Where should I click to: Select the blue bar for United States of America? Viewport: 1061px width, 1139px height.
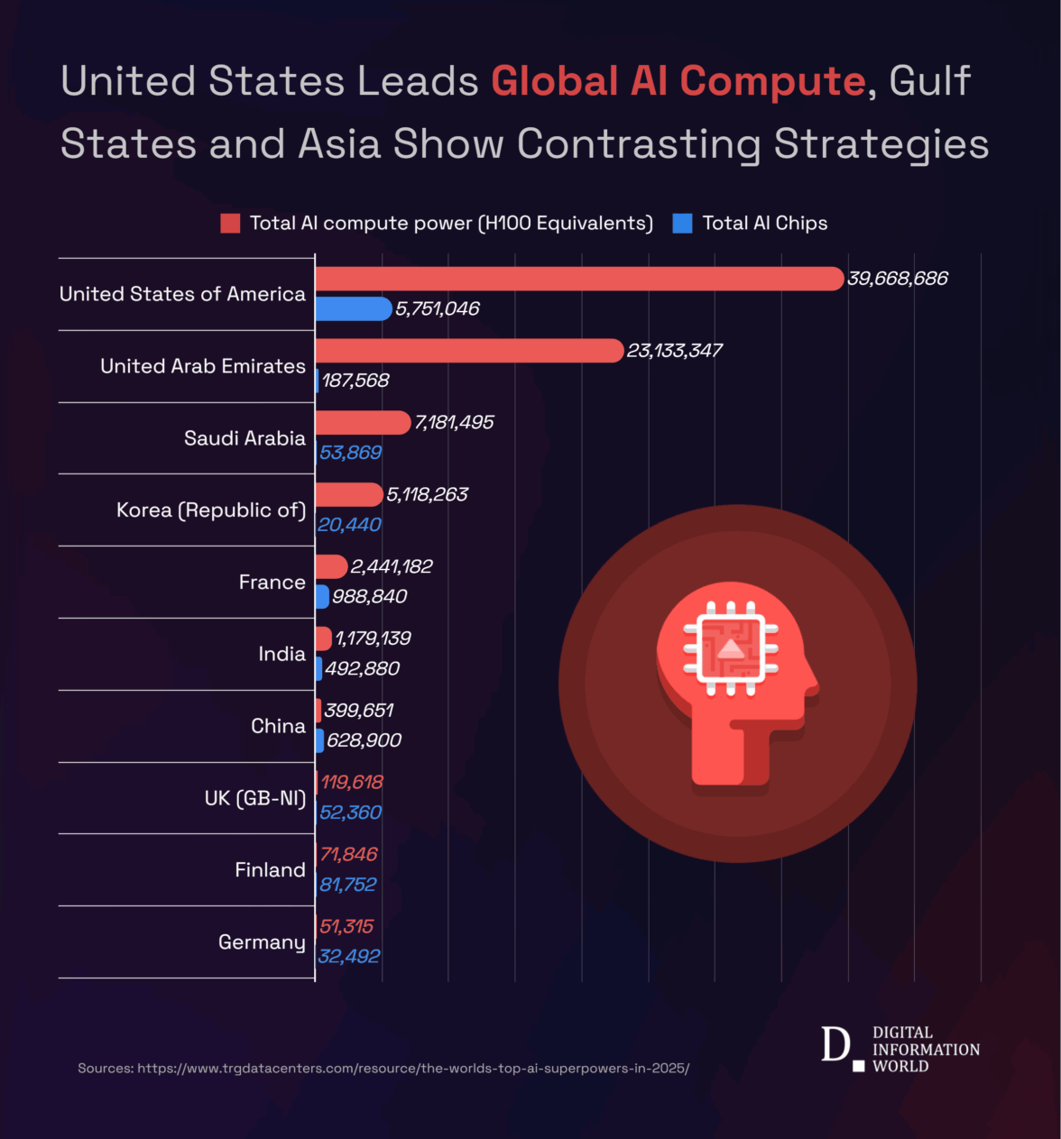click(x=353, y=308)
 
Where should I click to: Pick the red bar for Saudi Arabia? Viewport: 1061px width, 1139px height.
click(x=363, y=422)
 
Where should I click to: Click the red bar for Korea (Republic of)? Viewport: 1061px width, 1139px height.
click(x=349, y=494)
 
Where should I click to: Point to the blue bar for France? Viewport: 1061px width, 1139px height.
click(x=322, y=596)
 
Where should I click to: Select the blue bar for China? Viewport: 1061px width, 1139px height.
click(x=319, y=740)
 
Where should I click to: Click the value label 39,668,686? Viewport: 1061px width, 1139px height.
click(x=898, y=279)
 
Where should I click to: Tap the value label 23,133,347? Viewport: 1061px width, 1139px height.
click(x=675, y=351)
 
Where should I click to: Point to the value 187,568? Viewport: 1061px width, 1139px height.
click(x=355, y=381)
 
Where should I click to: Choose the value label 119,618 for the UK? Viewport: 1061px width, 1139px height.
click(x=352, y=782)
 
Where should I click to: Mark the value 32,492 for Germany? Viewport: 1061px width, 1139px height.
click(x=349, y=956)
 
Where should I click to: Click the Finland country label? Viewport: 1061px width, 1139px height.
click(x=270, y=870)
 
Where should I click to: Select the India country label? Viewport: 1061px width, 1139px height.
click(x=281, y=654)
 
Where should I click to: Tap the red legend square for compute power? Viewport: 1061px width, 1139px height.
click(x=230, y=224)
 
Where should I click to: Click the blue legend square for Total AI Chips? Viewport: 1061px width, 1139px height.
click(x=683, y=224)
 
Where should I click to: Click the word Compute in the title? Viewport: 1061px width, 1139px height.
click(x=772, y=81)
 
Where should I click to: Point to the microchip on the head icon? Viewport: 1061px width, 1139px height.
click(x=731, y=648)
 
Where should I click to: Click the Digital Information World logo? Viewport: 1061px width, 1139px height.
click(x=900, y=1049)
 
